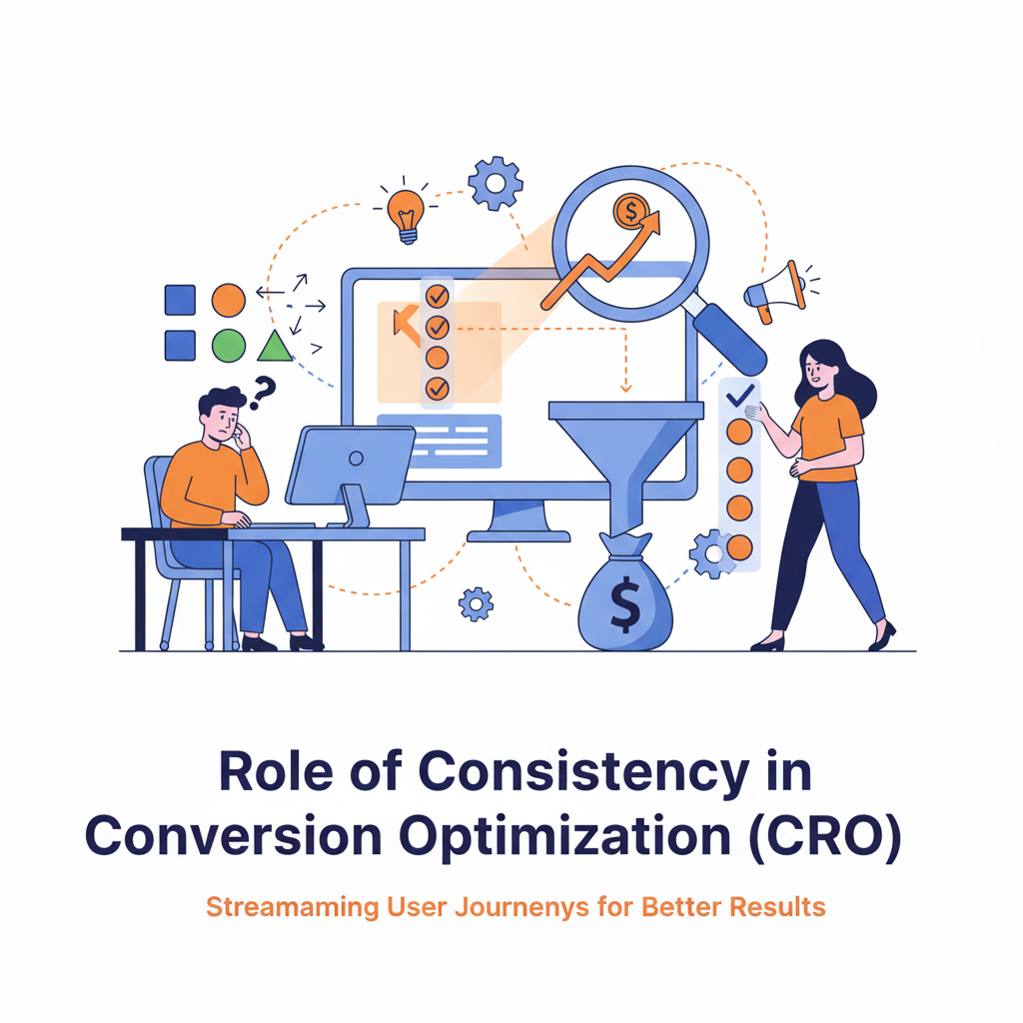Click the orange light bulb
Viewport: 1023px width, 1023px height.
tap(406, 212)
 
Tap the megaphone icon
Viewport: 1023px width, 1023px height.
tap(777, 290)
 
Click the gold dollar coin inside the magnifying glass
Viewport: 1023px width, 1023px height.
tap(630, 210)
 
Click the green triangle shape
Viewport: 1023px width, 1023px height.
tap(275, 346)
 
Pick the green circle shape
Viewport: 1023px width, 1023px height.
tap(229, 345)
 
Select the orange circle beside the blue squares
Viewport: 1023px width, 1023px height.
tap(229, 300)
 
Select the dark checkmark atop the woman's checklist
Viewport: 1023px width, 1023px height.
tap(740, 397)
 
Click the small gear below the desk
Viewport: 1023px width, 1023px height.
tap(476, 602)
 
